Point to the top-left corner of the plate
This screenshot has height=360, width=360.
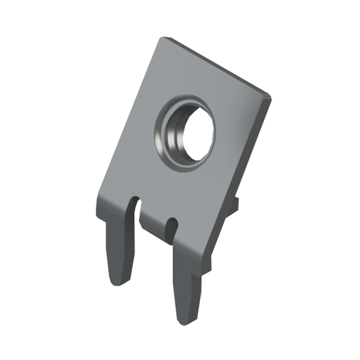(x=163, y=39)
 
